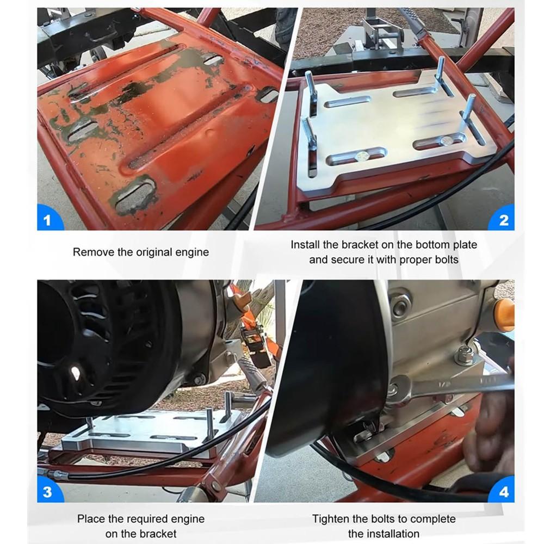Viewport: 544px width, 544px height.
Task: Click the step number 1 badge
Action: point(47,220)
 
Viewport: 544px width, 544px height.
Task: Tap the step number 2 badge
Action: point(503,220)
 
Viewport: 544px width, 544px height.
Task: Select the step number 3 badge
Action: point(47,492)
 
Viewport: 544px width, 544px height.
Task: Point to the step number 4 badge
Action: point(503,492)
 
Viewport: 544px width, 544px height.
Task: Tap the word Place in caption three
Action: point(90,518)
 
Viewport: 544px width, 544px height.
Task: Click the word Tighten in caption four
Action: point(332,518)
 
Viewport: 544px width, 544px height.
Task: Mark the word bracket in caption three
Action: point(158,533)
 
